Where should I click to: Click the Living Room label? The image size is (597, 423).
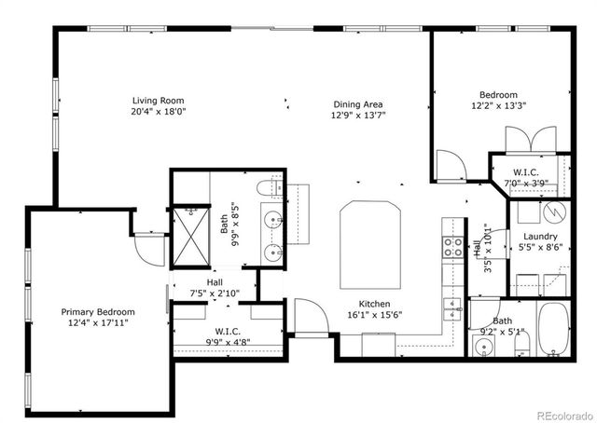158,101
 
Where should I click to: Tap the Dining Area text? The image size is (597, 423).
358,104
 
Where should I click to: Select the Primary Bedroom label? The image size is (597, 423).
98,312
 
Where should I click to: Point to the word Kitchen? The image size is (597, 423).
375,304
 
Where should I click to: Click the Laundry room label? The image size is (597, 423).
540,237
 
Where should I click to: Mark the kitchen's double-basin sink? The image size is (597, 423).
452,308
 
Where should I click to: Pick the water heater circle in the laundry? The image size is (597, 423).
554,211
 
